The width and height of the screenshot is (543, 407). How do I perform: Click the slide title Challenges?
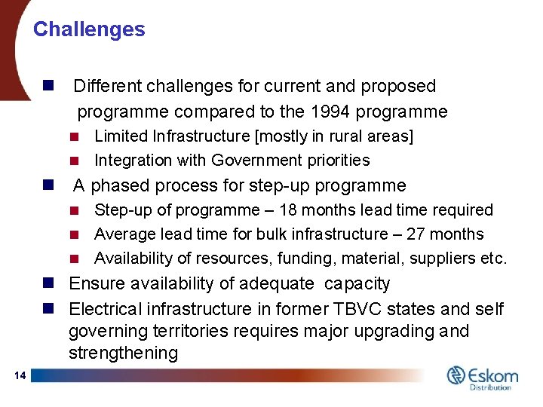point(89,29)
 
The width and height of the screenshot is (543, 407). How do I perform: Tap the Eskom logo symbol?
point(457,375)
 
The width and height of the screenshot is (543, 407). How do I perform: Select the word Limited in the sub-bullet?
point(120,136)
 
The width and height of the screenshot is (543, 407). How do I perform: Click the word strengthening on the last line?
point(123,353)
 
